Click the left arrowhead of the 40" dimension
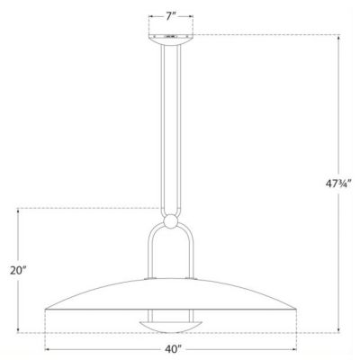pyautogui.click(x=46, y=347)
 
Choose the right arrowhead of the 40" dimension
pyautogui.click(x=298, y=347)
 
